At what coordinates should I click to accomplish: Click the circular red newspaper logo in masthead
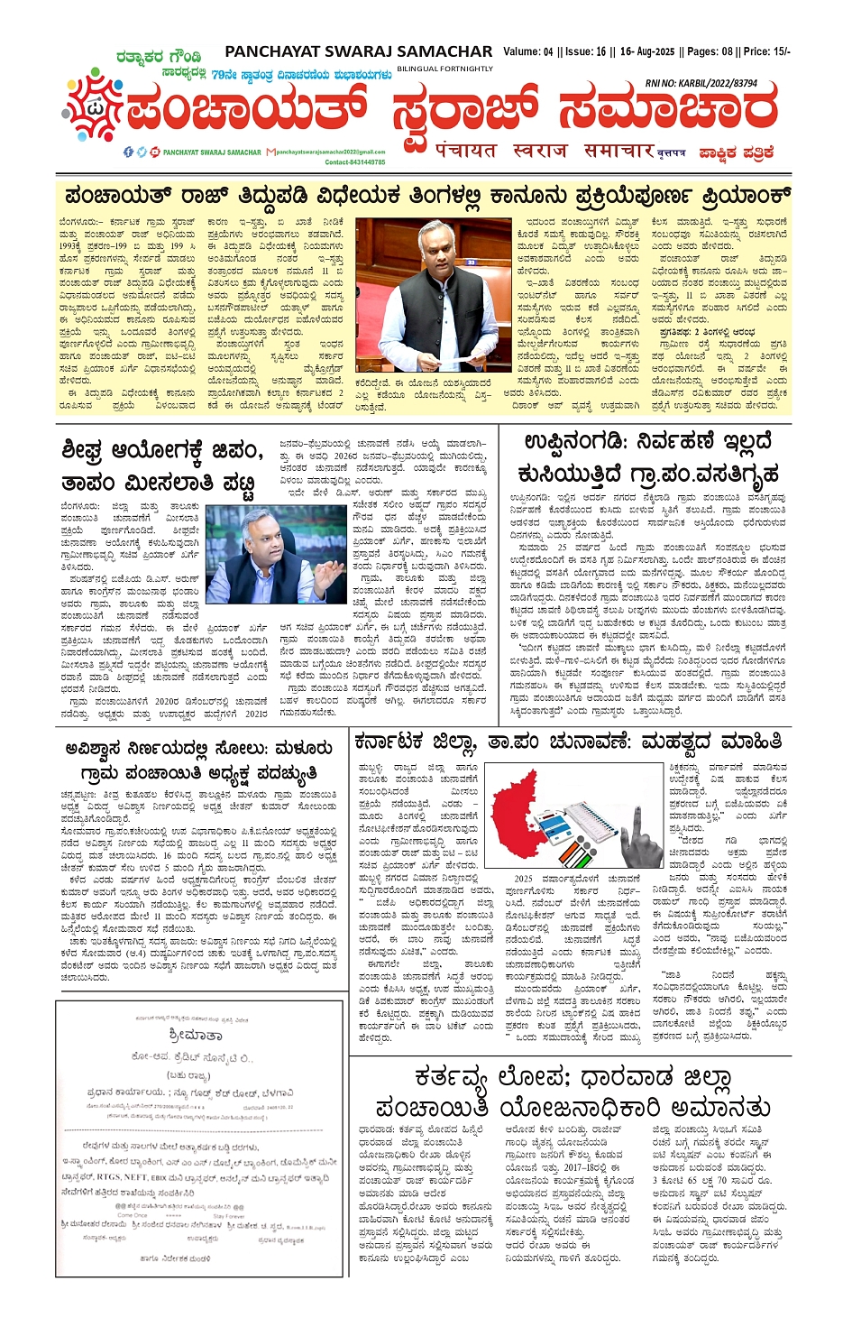click(x=93, y=115)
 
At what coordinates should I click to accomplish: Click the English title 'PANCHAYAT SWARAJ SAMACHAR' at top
click(x=358, y=52)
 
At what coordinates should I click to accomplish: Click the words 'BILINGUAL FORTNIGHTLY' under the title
click(x=444, y=69)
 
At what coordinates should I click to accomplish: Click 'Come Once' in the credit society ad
click(x=133, y=1215)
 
